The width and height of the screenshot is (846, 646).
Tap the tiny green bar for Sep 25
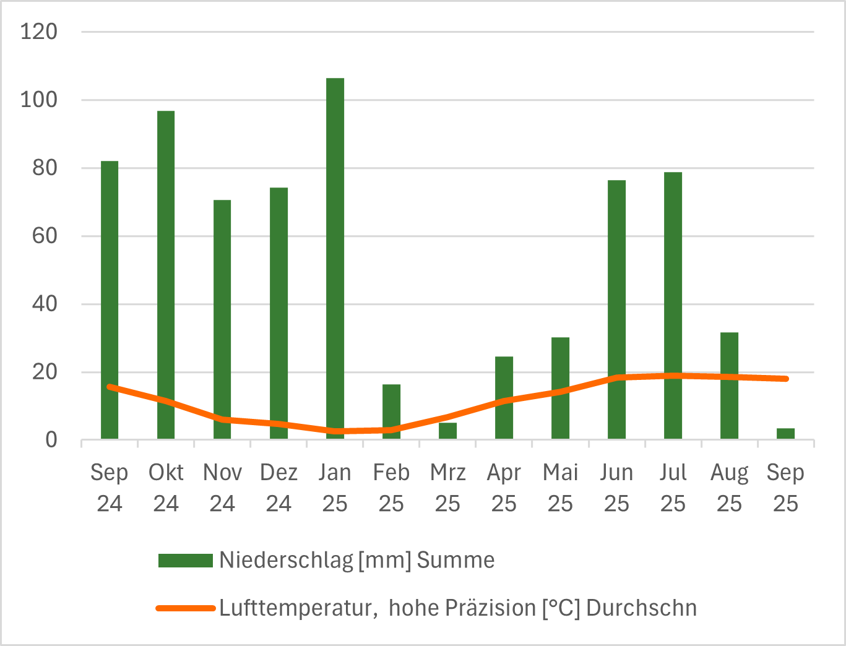click(785, 433)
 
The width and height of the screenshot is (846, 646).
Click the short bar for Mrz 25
click(447, 431)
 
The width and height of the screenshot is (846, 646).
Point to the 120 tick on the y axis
click(38, 32)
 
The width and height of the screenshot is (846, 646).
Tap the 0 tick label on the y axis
click(51, 440)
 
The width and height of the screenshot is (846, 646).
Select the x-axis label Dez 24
click(278, 488)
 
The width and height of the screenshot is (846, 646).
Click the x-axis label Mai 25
click(560, 488)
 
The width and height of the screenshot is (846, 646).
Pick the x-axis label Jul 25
click(673, 488)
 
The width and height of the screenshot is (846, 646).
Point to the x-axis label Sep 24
click(110, 488)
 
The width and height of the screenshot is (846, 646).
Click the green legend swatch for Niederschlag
click(185, 560)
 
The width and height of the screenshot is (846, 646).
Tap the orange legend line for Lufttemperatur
click(185, 608)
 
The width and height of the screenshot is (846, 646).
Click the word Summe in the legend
click(455, 560)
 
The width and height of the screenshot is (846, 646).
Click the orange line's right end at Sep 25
click(786, 379)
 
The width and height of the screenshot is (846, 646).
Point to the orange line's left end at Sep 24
click(110, 387)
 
